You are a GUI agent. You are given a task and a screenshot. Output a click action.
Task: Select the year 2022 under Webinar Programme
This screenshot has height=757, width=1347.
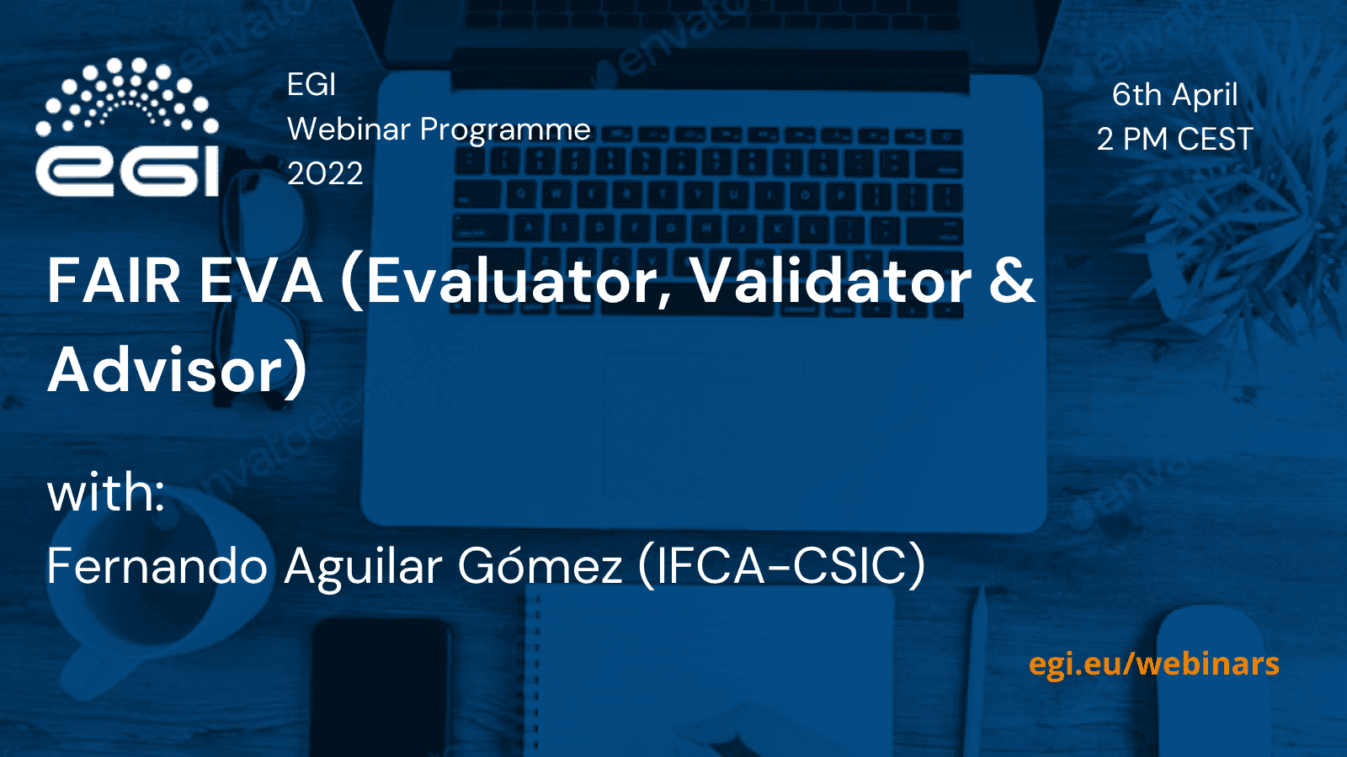(x=325, y=173)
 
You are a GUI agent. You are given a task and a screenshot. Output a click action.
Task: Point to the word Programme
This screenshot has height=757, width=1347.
(x=506, y=131)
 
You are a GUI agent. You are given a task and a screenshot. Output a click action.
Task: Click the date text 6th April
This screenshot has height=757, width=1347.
(x=1174, y=95)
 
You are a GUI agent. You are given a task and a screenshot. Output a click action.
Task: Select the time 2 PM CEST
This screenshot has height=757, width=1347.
(x=1175, y=139)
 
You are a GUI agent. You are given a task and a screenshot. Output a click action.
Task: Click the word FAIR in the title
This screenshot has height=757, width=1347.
(x=114, y=281)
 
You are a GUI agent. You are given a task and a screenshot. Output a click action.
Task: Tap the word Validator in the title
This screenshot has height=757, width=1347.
(x=833, y=280)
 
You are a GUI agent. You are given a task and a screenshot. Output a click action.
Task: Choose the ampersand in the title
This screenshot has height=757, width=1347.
(x=1012, y=281)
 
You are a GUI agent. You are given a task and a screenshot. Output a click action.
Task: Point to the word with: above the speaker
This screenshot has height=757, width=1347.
(x=106, y=493)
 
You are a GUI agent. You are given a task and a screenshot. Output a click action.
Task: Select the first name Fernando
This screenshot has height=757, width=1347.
(x=157, y=564)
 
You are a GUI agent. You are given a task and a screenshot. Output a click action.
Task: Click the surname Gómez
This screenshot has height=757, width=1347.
(x=540, y=564)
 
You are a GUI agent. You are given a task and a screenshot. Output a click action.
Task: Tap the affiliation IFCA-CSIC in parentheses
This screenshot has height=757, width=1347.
(x=781, y=564)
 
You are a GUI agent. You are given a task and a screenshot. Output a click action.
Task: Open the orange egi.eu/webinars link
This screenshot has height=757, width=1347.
(x=1154, y=664)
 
